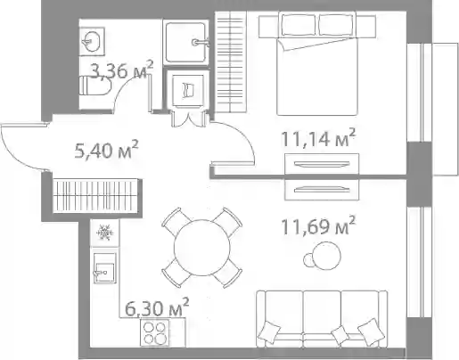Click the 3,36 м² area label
coord(121,70)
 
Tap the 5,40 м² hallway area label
coord(107,150)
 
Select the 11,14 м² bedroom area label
coord(318,138)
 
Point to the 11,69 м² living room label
coord(318,225)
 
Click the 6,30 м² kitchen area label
coord(157,307)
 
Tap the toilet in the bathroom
coord(94,86)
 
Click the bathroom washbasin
coord(92,41)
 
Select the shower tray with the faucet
coord(186,42)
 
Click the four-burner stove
coord(154,333)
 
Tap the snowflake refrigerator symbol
coord(104,233)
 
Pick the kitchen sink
coord(104,268)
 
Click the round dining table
coord(202,248)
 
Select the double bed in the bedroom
coord(317,63)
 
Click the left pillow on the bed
coord(298,24)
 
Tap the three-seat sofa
coord(322,319)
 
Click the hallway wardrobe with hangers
coord(95,196)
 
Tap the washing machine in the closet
coord(188,89)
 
